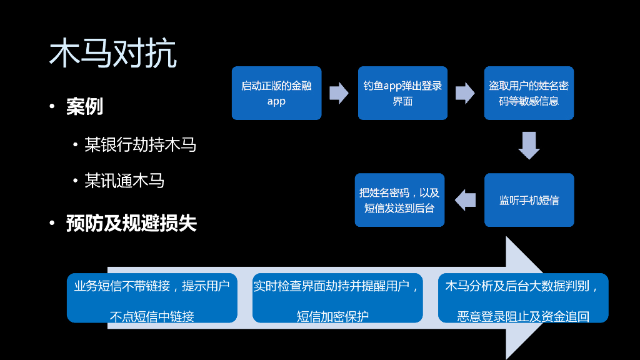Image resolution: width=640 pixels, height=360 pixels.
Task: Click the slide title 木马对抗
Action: [x=112, y=54]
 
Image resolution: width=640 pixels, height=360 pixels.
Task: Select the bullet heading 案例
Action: [x=84, y=107]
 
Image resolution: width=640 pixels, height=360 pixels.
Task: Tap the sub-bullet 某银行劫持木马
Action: [x=140, y=145]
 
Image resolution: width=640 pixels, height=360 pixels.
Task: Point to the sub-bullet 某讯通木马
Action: [x=124, y=181]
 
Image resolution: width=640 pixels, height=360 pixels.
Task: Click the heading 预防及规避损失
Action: [x=131, y=223]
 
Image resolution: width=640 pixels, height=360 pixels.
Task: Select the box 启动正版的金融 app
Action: [x=276, y=93]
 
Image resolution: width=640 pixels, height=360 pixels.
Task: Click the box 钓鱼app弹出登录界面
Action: [x=402, y=93]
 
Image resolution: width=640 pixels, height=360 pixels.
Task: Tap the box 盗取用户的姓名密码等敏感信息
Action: [x=529, y=93]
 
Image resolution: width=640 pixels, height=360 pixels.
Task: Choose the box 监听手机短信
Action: [x=529, y=200]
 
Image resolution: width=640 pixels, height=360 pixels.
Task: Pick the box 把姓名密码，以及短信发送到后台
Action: [x=399, y=200]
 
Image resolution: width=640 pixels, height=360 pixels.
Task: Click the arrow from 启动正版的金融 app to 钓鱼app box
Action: [x=339, y=93]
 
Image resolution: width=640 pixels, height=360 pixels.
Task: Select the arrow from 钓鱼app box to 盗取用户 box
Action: [x=465, y=93]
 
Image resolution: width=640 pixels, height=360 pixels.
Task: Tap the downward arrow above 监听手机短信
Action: [x=529, y=145]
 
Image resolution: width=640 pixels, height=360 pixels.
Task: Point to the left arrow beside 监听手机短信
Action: [x=465, y=200]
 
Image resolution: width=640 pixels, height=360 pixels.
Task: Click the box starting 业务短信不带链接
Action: [x=152, y=298]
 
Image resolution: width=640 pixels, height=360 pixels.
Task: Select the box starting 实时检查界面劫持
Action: [x=337, y=298]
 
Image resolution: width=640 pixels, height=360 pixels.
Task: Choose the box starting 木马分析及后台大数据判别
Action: [x=523, y=298]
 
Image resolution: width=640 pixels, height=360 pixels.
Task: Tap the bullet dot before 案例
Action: [x=52, y=107]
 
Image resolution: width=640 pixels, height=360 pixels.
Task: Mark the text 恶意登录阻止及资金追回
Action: [x=523, y=316]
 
